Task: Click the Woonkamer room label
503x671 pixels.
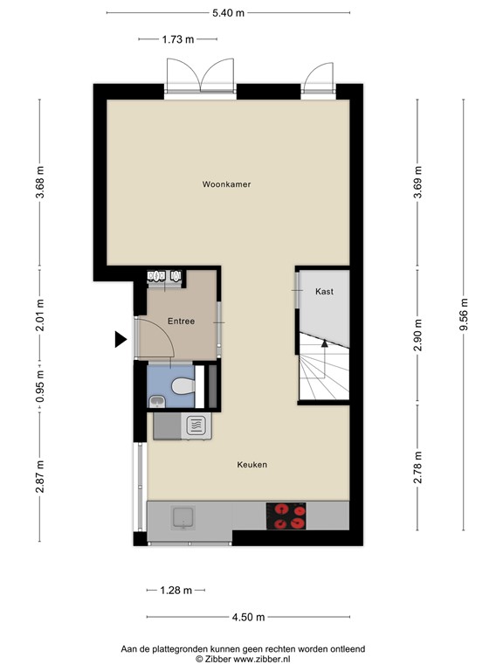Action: pyautogui.click(x=226, y=184)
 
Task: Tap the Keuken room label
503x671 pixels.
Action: pyautogui.click(x=251, y=465)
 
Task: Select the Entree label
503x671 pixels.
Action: pyautogui.click(x=182, y=322)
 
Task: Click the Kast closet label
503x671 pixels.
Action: pyautogui.click(x=324, y=291)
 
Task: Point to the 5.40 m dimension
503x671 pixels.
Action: pyautogui.click(x=228, y=12)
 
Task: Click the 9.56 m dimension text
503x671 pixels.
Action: pyautogui.click(x=464, y=315)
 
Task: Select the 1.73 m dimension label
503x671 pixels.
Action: pyautogui.click(x=178, y=38)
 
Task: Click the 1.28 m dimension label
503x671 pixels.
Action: pyautogui.click(x=176, y=591)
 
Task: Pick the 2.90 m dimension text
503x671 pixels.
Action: pyautogui.click(x=418, y=335)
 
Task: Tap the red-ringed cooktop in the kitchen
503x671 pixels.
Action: pyautogui.click(x=286, y=516)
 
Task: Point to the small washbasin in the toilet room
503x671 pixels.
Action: pyautogui.click(x=156, y=401)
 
